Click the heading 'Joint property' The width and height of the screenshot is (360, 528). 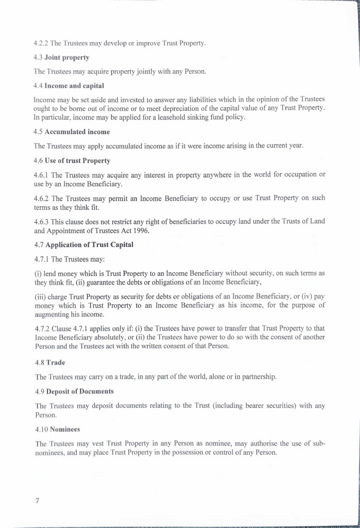pos(67,57)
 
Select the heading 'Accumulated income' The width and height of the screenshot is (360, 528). pos(77,132)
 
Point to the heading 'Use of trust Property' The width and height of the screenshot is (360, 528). pos(77,160)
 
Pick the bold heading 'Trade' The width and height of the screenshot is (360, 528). pos(56,362)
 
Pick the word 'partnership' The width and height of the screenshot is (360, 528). pos(257,376)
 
